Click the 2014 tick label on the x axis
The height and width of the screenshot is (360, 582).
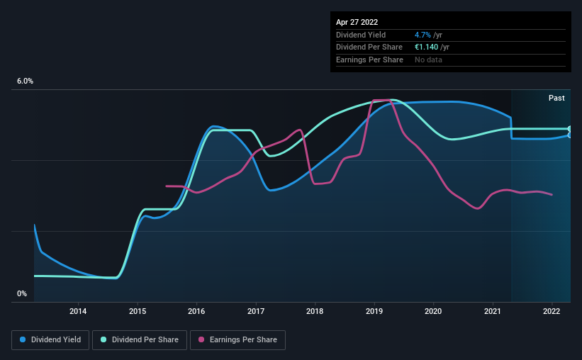(78, 311)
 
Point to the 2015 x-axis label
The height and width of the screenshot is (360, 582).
(138, 311)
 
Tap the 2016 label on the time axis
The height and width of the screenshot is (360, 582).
(196, 311)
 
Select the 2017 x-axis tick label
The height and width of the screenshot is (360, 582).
(256, 311)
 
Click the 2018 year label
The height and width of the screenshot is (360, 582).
(315, 311)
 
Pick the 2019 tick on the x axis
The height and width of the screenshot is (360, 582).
(374, 311)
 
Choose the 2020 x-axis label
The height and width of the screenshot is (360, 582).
(433, 311)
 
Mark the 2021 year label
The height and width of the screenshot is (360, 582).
(493, 311)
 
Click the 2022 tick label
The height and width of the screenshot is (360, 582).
(552, 311)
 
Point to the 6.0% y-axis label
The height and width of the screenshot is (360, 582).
(25, 81)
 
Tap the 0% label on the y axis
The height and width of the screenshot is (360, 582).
(22, 293)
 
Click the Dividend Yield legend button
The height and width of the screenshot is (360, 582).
(50, 340)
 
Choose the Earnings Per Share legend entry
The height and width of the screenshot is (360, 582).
(237, 340)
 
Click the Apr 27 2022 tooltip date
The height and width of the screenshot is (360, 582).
(357, 22)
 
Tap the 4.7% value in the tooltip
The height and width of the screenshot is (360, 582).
(422, 35)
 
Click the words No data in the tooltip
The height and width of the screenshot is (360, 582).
(428, 60)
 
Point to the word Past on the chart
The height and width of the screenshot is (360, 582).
(556, 98)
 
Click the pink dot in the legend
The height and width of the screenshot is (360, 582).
(201, 340)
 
